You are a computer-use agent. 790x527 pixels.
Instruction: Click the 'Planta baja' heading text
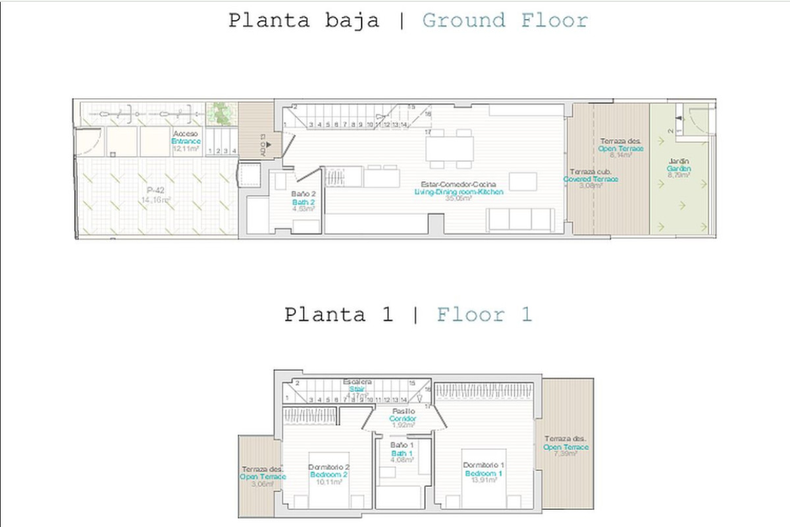coord(303,20)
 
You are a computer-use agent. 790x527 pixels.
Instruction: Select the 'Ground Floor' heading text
coord(504,20)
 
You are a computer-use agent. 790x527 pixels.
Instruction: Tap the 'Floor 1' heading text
coord(484,315)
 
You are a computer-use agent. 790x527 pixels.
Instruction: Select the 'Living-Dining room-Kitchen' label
coord(459,191)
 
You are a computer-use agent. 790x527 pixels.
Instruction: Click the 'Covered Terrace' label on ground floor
coord(590,179)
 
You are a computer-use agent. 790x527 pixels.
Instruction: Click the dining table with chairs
coord(450,148)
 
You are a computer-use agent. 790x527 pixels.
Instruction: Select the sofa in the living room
coord(519,219)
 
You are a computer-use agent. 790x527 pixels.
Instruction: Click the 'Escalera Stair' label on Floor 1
coord(357,386)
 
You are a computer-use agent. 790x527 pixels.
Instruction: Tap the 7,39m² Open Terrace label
coord(566,447)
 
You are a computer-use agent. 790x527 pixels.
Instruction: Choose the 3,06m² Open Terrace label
coord(262,476)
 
